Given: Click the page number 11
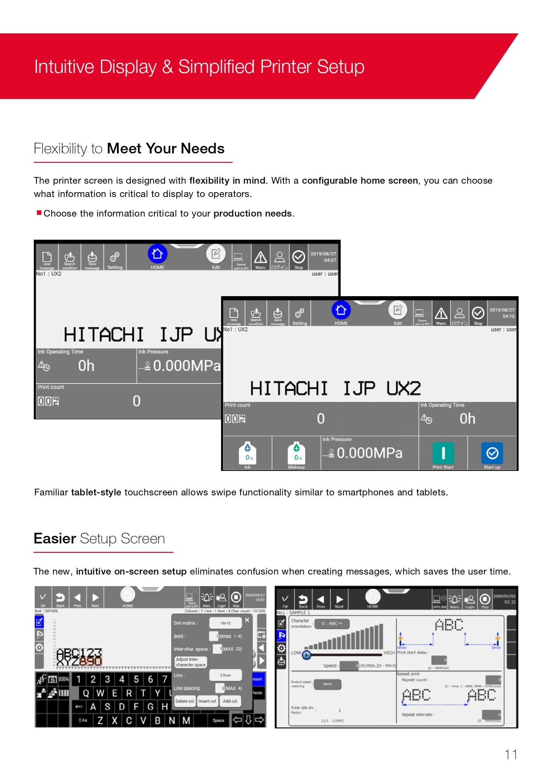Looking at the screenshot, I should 511,755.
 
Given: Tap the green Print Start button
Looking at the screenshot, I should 443,453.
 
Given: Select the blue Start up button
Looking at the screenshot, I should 492,453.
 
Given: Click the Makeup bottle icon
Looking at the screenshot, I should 296,453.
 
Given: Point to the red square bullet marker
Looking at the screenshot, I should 39,213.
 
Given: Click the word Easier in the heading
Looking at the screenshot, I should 55,539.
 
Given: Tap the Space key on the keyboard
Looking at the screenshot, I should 218,720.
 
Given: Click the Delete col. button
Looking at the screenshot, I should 185,701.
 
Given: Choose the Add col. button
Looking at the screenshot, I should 230,701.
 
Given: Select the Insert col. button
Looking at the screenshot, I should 208,701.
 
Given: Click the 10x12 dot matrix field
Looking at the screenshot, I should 226,623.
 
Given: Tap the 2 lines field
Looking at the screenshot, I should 226,675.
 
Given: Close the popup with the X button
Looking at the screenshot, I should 247,620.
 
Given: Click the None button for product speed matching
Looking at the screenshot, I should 327,684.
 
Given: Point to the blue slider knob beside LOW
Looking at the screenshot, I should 306,655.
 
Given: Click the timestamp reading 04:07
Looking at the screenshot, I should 330,261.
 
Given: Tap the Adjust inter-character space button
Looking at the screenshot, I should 191,662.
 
